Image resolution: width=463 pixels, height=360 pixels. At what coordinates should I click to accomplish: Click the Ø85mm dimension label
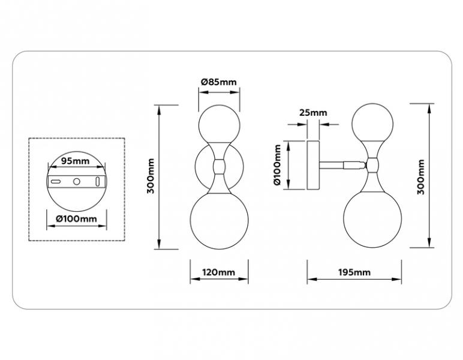click(219, 82)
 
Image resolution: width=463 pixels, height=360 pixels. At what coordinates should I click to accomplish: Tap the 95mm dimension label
click(75, 161)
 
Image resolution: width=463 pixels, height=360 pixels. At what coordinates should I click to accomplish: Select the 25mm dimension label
click(313, 113)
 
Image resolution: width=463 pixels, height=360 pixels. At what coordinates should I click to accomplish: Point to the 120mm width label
click(218, 272)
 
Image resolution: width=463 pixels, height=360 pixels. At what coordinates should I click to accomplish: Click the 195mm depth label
click(354, 272)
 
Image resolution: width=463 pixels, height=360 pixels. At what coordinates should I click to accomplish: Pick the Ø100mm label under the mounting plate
click(77, 219)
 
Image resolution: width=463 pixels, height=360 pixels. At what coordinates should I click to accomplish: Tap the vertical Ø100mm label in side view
click(277, 165)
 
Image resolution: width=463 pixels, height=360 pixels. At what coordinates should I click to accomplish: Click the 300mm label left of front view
click(151, 176)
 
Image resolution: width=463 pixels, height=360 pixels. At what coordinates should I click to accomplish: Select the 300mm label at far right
click(421, 176)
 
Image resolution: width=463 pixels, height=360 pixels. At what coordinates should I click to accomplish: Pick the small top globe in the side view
click(372, 123)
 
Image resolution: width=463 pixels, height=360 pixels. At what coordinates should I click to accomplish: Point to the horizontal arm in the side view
click(342, 165)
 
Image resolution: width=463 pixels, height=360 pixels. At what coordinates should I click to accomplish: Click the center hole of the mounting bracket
click(77, 181)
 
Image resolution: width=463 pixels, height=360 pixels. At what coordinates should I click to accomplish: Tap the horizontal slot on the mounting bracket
click(56, 181)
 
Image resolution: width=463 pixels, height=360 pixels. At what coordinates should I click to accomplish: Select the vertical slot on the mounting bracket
click(97, 181)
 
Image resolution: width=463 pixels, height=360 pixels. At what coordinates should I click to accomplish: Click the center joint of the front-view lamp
click(219, 166)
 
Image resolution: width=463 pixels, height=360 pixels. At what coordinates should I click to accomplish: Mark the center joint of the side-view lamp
click(372, 165)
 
